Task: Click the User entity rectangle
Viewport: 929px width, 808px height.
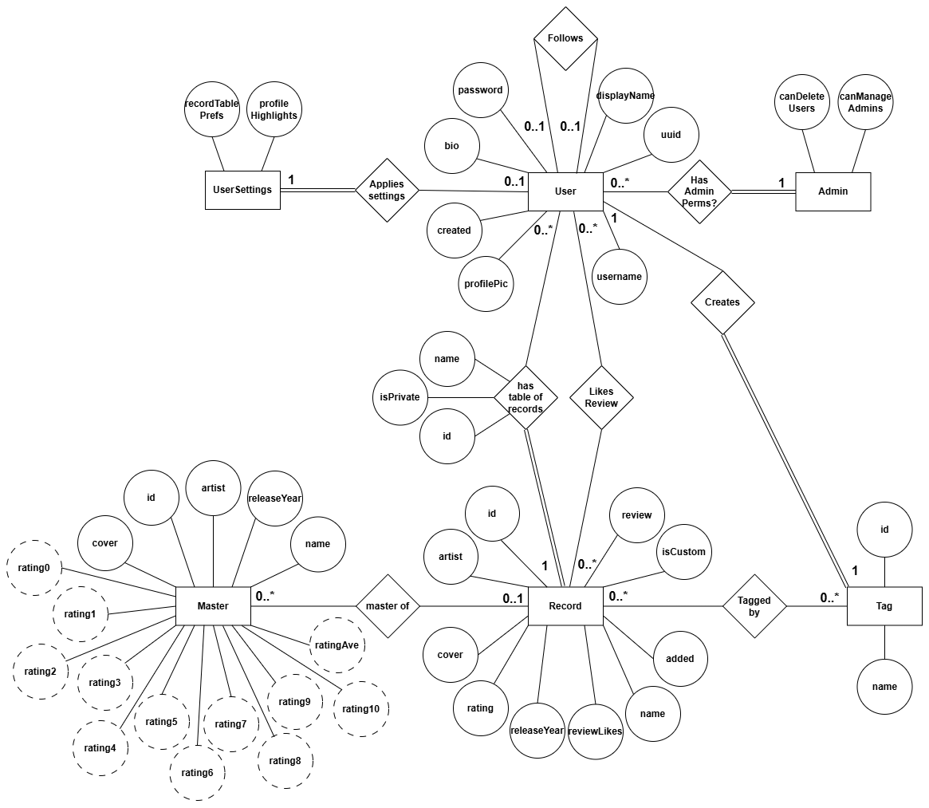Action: point(565,191)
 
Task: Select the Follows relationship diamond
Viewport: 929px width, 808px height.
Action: point(565,38)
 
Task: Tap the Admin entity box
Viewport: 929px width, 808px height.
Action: point(833,191)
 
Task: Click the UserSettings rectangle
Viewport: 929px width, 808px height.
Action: point(242,190)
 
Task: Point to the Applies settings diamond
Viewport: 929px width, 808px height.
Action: point(387,190)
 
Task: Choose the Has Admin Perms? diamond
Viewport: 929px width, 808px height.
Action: point(699,191)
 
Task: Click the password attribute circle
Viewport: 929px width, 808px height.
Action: point(480,90)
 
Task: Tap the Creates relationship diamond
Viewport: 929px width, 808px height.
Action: point(722,302)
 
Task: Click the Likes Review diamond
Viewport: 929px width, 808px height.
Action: point(601,397)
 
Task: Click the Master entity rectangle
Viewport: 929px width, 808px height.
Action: point(213,606)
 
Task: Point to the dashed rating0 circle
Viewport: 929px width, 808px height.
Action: point(33,568)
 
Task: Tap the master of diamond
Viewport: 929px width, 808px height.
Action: point(387,606)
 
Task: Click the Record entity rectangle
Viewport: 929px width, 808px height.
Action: point(565,606)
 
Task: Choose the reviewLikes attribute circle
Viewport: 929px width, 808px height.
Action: point(596,731)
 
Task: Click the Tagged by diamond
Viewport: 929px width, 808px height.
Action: point(754,606)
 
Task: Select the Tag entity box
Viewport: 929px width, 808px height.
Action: point(884,606)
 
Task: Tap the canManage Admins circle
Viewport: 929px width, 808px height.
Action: point(864,102)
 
